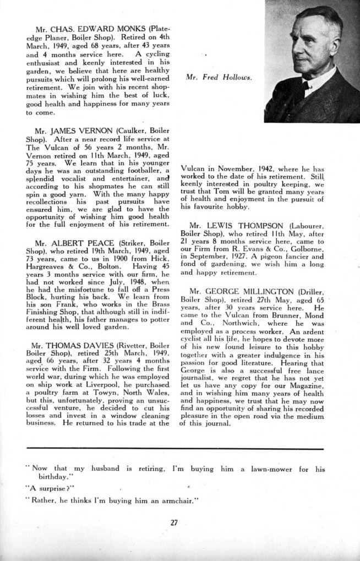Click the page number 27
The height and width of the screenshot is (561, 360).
[174, 522]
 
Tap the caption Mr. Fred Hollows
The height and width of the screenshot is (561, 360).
[219, 78]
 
